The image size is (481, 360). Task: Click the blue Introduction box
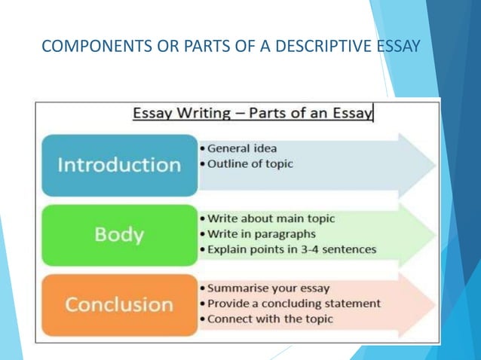(119, 165)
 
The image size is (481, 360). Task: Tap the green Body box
(119, 234)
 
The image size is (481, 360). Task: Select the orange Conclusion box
(119, 304)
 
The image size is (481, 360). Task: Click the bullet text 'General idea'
(240, 149)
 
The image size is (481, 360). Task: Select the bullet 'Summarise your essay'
(268, 288)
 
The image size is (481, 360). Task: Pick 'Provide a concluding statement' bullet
(294, 304)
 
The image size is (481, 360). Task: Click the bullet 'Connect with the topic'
(270, 319)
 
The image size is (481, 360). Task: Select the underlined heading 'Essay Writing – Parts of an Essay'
(253, 114)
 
